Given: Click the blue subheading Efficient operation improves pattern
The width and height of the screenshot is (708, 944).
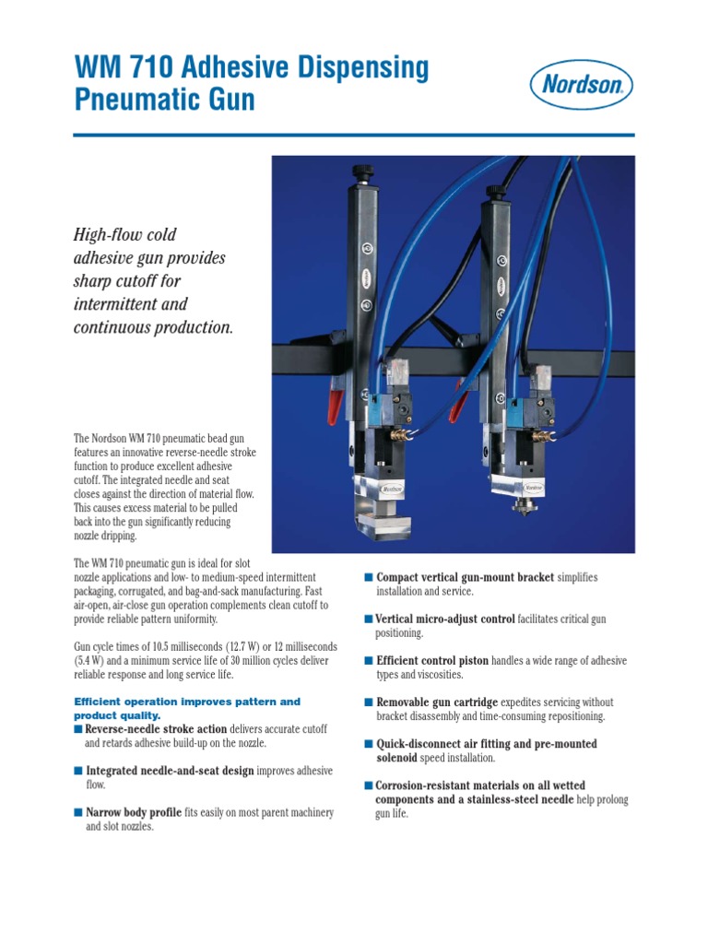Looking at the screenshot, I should click(187, 702).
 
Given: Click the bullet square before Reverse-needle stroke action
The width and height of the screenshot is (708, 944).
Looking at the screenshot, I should click(78, 729).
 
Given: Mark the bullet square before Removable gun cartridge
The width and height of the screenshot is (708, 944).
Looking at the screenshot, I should click(369, 702).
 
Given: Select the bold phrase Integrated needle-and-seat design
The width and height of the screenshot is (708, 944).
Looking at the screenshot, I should click(170, 771).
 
